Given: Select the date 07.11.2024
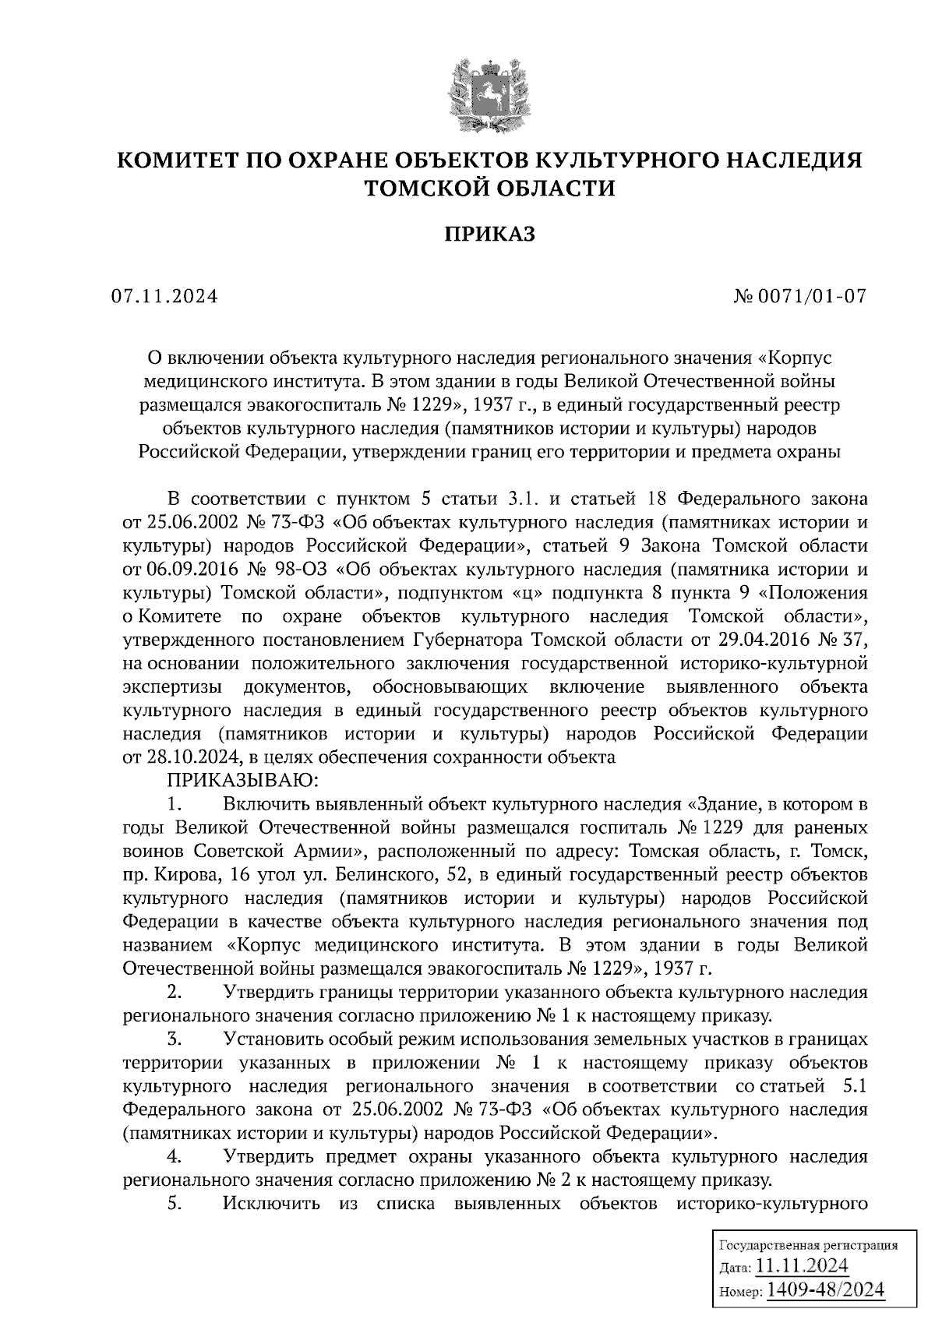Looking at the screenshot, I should [164, 297].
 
